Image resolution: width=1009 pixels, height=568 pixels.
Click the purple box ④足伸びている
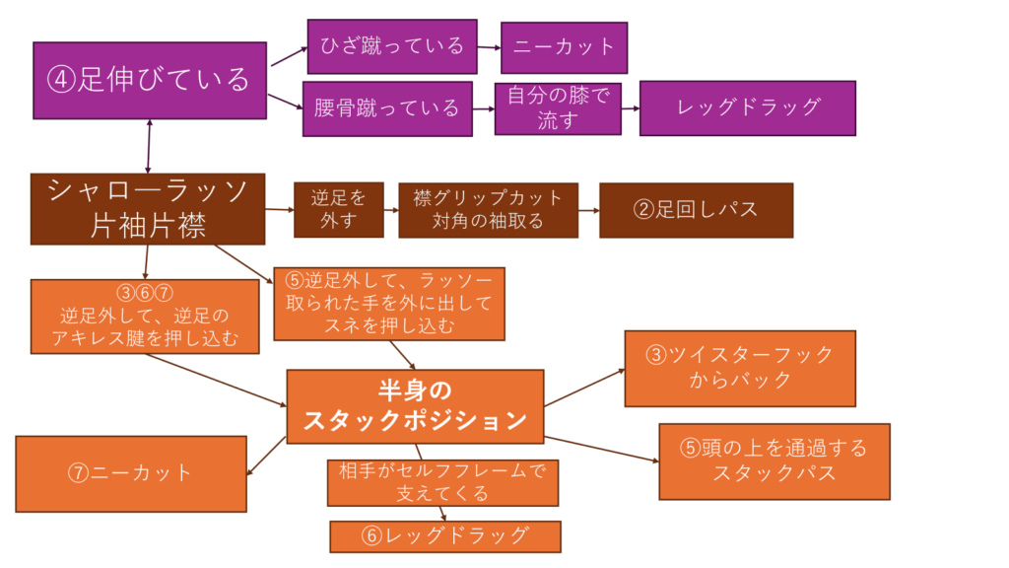click(x=150, y=80)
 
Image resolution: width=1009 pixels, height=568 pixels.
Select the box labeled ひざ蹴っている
click(x=392, y=46)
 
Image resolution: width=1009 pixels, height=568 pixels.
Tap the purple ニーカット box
click(x=564, y=46)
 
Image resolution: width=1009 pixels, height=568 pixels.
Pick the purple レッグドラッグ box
click(x=748, y=107)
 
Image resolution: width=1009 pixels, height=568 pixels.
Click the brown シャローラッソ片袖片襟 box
click(x=148, y=209)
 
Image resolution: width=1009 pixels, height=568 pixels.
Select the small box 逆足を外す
click(x=338, y=210)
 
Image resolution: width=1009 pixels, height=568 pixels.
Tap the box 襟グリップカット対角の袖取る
click(x=488, y=210)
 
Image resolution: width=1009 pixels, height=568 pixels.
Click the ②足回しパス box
click(x=696, y=210)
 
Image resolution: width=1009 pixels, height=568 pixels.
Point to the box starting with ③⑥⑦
click(x=145, y=315)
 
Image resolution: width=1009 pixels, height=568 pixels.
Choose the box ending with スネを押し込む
click(x=388, y=303)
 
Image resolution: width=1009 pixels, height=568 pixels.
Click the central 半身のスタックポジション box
click(x=415, y=406)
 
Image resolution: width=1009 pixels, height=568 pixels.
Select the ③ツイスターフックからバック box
click(x=740, y=368)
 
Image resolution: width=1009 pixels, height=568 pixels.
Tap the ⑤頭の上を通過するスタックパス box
click(x=774, y=461)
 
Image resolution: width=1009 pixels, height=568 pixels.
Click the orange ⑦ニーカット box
click(x=131, y=472)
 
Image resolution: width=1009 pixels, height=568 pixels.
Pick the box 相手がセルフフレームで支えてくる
click(x=442, y=482)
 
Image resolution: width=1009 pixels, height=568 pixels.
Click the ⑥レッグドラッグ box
click(x=445, y=535)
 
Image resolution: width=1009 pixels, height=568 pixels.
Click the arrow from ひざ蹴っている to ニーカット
click(x=489, y=46)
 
